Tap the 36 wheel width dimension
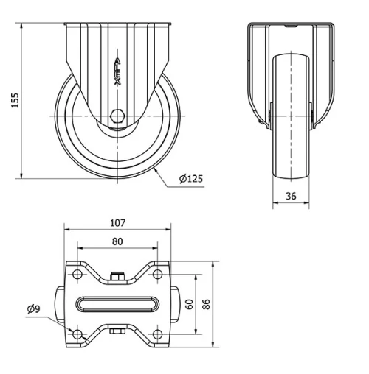click(x=291, y=196)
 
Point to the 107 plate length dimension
click(x=117, y=222)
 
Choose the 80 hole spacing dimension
click(x=117, y=241)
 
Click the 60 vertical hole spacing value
click(x=189, y=304)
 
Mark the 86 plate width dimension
click(x=206, y=304)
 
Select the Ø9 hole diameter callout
click(x=33, y=309)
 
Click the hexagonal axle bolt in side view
click(x=117, y=116)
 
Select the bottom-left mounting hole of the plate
click(x=77, y=335)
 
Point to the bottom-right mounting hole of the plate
click(x=156, y=335)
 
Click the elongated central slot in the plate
click(x=117, y=305)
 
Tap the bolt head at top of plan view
click(x=117, y=277)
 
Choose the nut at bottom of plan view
click(x=117, y=333)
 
